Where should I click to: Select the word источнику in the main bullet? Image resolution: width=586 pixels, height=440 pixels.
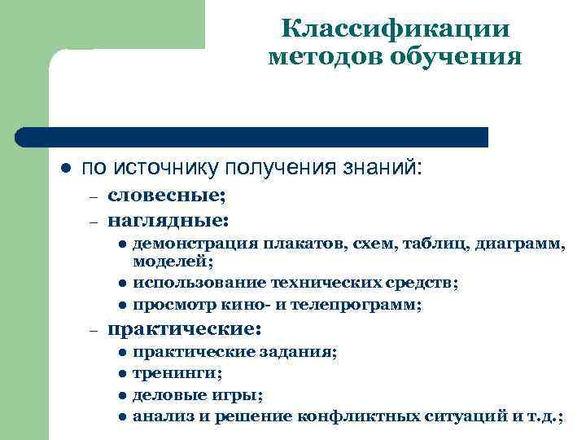click(166, 167)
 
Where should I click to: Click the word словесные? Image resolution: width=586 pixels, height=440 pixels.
click(167, 196)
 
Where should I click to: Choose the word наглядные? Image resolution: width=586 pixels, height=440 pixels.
click(168, 219)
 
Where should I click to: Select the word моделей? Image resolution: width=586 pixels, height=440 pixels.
click(173, 262)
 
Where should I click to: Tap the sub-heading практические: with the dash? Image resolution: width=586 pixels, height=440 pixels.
click(184, 330)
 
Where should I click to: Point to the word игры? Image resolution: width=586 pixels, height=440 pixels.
click(241, 396)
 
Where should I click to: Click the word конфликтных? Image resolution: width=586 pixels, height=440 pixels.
click(363, 418)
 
